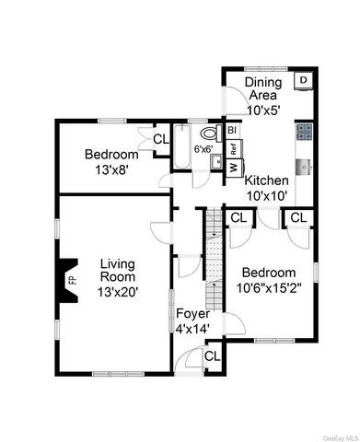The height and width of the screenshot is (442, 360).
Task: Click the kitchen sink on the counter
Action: [x=306, y=167]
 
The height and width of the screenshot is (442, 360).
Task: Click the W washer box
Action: [x=233, y=167]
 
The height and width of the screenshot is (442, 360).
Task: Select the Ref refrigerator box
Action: [x=234, y=148]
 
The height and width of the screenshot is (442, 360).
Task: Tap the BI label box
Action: [x=232, y=131]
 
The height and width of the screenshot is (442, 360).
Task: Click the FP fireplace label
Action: [x=72, y=277]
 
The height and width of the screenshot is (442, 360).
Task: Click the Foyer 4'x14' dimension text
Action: [x=192, y=326]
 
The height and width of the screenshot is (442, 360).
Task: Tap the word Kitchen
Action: [x=268, y=180]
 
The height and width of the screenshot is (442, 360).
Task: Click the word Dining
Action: [x=263, y=83]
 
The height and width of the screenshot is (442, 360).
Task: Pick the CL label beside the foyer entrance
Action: [x=212, y=355]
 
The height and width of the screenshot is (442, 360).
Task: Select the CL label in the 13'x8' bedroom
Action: [x=160, y=139]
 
